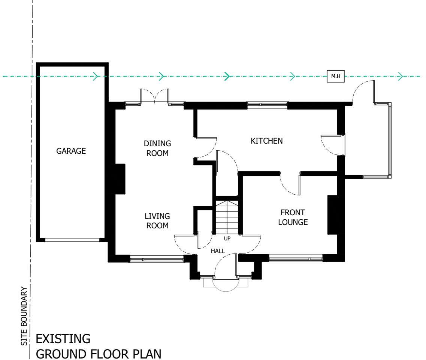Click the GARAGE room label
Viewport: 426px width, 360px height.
click(71, 151)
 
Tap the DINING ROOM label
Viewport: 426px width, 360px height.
click(157, 148)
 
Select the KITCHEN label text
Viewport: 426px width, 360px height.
click(266, 141)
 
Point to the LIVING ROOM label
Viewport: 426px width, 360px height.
click(157, 221)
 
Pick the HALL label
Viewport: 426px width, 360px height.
click(218, 251)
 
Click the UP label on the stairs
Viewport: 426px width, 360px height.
click(227, 238)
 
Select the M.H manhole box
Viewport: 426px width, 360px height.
click(335, 76)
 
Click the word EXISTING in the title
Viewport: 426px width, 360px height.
click(63, 339)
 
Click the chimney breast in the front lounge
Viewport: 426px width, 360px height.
click(332, 214)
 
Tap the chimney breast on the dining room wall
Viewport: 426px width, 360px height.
click(120, 178)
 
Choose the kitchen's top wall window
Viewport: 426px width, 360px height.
click(267, 106)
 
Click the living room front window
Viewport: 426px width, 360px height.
click(157, 258)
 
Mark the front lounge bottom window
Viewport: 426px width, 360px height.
click(296, 258)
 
